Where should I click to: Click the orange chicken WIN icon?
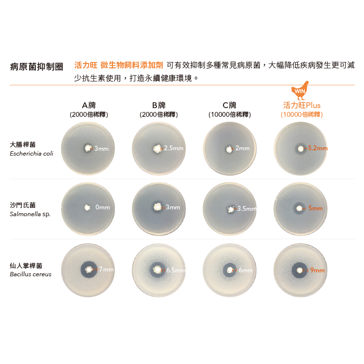300,90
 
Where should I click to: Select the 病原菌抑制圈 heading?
37,66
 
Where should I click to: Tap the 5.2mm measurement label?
317,148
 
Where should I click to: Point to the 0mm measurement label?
103,207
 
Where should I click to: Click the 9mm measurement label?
317,270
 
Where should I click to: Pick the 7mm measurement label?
106,269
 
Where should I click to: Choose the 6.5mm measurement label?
176,270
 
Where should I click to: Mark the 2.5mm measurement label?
174,148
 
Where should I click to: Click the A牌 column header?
89,105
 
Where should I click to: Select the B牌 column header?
159,105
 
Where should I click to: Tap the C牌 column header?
229,105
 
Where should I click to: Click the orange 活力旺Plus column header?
301,105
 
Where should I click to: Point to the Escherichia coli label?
32,154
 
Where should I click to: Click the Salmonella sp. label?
30,214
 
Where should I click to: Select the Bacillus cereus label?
31,274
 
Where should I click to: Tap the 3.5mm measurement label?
247,209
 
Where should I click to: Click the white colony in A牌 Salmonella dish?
87,207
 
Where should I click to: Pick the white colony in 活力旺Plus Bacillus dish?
300,270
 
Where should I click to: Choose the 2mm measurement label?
242,148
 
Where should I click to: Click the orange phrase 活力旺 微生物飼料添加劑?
119,65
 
